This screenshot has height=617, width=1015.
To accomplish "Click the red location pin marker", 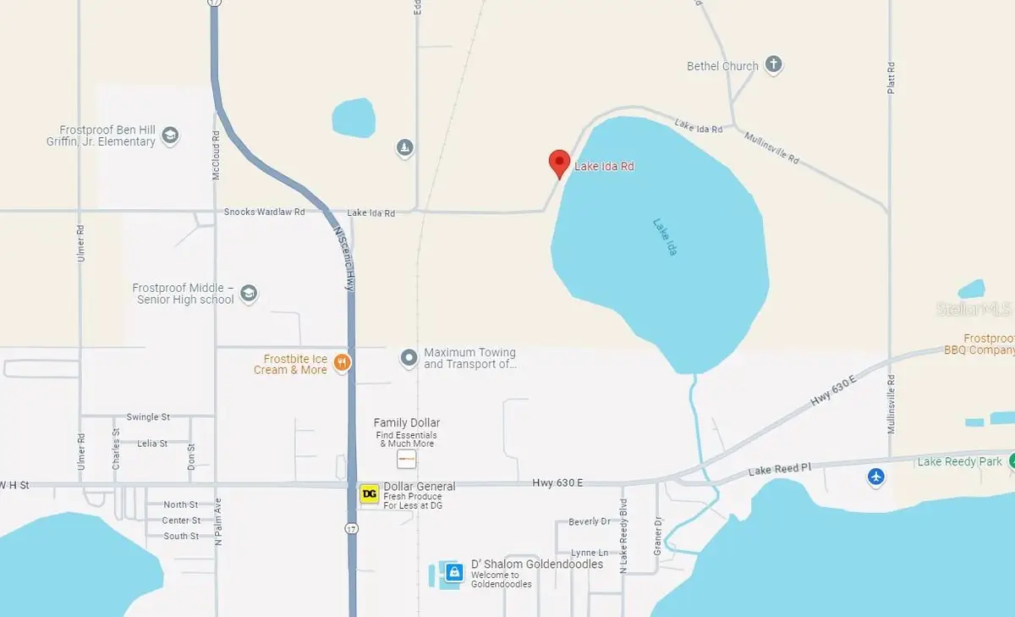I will coord(558,163).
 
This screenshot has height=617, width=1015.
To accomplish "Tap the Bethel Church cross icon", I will coord(773,65).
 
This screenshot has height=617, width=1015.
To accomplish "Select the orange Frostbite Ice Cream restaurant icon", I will coord(342,364).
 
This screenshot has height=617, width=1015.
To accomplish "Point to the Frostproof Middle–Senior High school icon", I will coord(249,293).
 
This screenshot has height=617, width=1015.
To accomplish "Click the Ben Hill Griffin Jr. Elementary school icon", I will coord(170,135).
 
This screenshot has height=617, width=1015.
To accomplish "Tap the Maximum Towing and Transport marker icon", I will coord(409,358).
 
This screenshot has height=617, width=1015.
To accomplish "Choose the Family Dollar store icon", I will coord(407,460).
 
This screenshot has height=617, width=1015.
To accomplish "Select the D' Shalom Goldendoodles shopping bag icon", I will coord(454,572).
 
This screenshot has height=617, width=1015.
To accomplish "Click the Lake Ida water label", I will coord(666,237).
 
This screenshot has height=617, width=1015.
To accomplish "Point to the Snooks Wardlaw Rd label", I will coord(264,212).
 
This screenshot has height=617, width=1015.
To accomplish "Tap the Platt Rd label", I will coord(891,78).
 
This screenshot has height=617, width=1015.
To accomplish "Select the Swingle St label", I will coord(148,417).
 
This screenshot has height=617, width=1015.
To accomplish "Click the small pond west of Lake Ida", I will coord(353,118).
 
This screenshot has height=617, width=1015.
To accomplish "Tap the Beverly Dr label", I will coord(590,522).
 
